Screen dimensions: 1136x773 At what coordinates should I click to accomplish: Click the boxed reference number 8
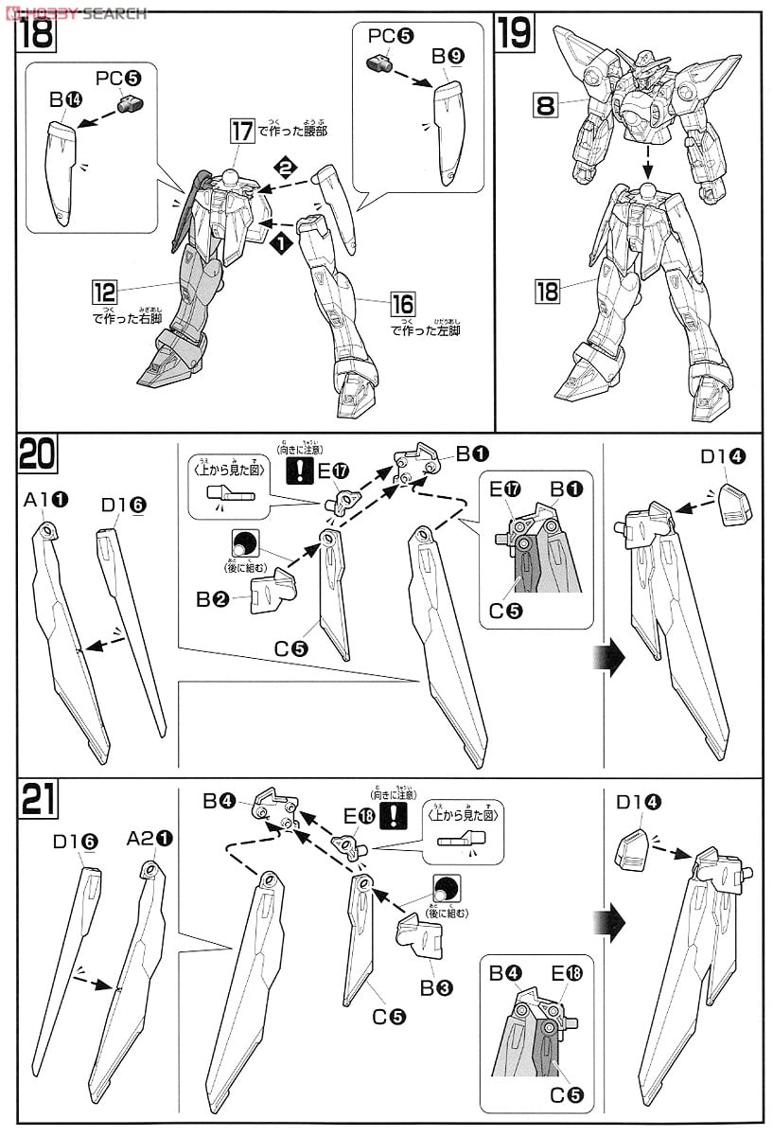[x=545, y=105]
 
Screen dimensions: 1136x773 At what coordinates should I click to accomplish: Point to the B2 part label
[x=209, y=598]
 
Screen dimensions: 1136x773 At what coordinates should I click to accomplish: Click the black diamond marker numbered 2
[x=283, y=168]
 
